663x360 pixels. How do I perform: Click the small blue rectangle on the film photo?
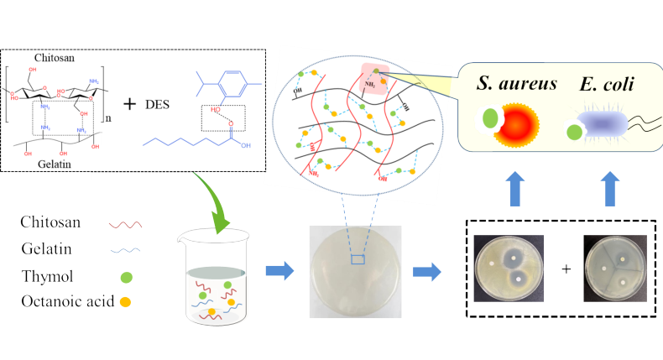358,260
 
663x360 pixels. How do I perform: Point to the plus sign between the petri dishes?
566,269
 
